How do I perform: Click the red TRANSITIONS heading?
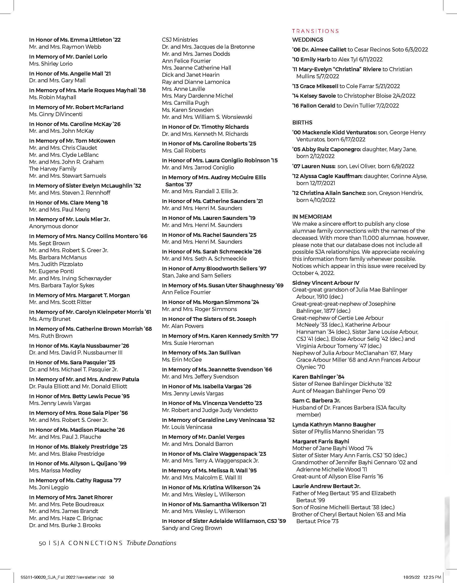(316, 31)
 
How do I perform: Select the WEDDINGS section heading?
(308, 40)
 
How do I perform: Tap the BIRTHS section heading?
(302, 122)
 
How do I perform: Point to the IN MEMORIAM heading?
(312, 217)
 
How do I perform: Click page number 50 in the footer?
(42, 543)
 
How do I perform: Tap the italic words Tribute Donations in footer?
(151, 543)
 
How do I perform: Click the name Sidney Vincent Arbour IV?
(326, 283)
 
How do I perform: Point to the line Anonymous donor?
(54, 226)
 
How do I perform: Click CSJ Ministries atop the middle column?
(180, 40)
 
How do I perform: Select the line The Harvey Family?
(53, 169)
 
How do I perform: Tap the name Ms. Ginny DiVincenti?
(56, 114)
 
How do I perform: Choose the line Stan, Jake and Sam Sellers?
(196, 275)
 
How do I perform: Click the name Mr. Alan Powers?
(183, 326)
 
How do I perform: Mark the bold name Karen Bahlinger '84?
(318, 377)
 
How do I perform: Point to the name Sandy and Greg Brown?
(192, 528)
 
